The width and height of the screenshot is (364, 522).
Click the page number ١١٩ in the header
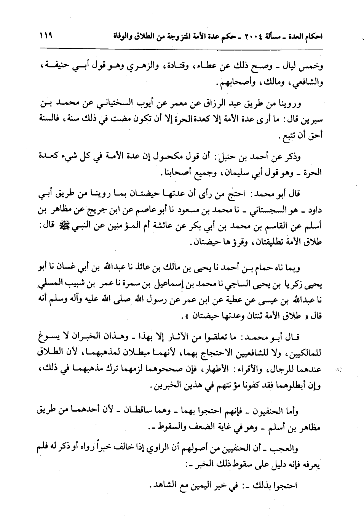tap(45, 37)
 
